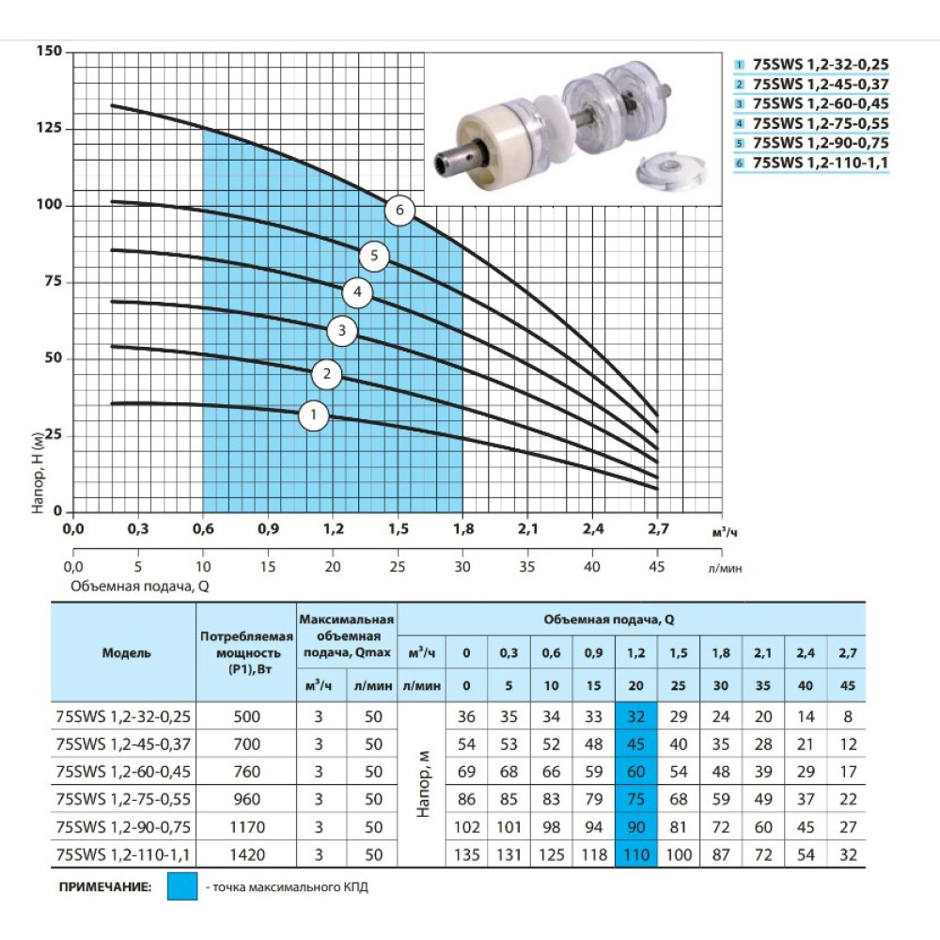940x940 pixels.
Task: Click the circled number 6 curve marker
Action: point(399,211)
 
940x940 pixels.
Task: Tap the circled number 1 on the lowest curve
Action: point(314,415)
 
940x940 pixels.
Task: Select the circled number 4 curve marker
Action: point(357,292)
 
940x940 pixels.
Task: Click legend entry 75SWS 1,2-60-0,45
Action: point(820,103)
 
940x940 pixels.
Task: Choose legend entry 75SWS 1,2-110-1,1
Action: point(820,163)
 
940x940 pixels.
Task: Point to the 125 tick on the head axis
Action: point(49,128)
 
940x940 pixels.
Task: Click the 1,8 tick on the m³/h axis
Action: point(462,528)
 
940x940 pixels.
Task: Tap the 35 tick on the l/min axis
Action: point(527,567)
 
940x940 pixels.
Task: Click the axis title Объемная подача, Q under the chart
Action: point(140,586)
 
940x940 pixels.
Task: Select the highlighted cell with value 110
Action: point(636,854)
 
